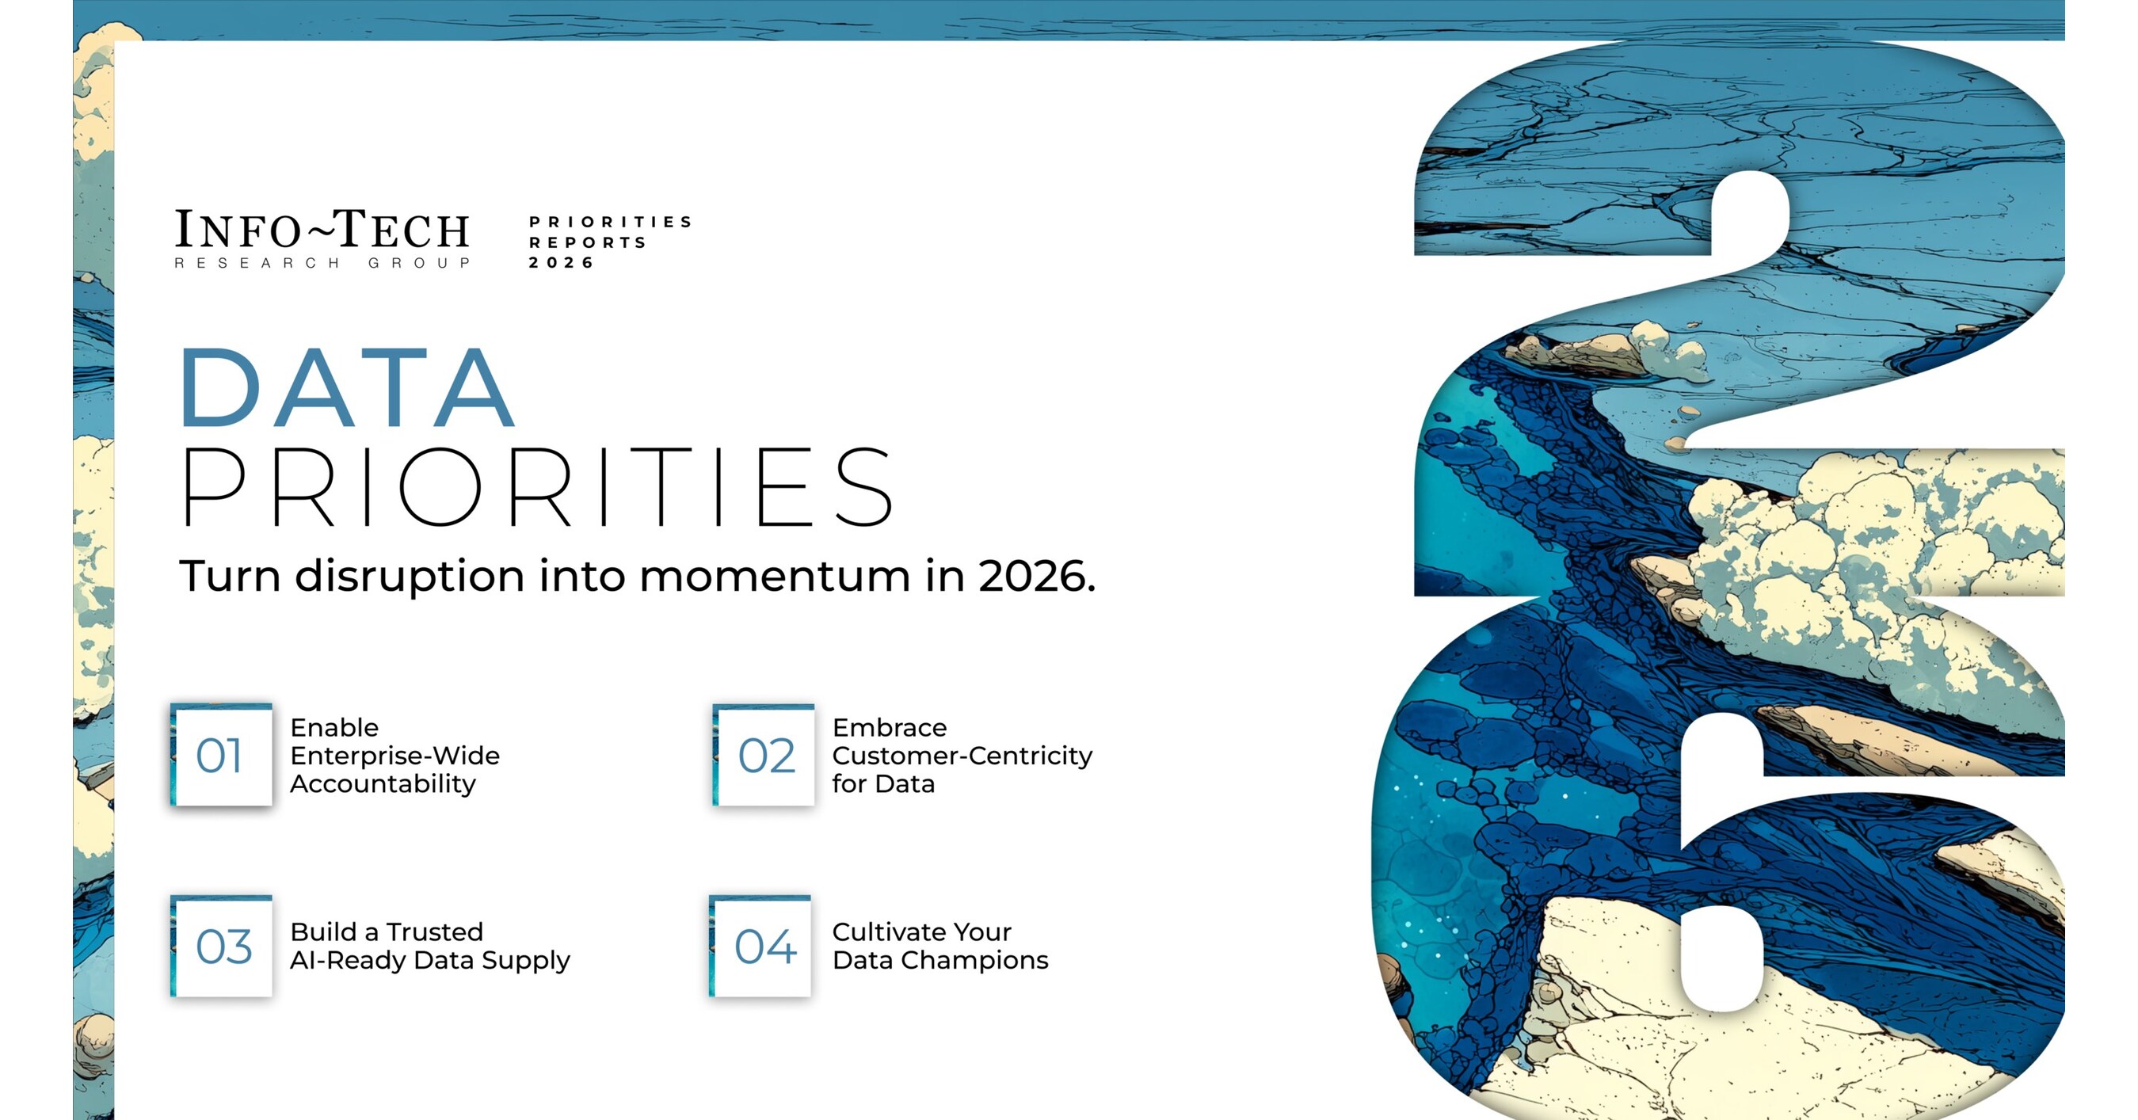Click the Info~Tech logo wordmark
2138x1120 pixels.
[322, 230]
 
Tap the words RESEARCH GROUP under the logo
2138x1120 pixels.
[322, 263]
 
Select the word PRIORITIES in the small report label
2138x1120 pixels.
[610, 223]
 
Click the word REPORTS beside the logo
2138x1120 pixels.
[588, 242]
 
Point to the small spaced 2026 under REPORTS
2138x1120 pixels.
[562, 263]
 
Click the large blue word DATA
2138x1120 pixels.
[347, 387]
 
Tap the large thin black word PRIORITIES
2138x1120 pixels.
[537, 487]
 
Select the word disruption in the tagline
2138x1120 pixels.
[410, 577]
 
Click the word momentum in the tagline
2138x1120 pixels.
[775, 577]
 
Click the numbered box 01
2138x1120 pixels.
[221, 754]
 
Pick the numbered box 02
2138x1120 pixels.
[763, 754]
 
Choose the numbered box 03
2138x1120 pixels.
[221, 945]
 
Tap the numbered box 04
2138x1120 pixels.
[760, 945]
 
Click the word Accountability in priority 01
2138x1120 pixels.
[383, 784]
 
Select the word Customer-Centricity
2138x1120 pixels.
[962, 756]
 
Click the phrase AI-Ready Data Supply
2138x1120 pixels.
[430, 960]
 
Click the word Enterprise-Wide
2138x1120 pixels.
[394, 756]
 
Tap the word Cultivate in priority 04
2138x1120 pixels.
[889, 931]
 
